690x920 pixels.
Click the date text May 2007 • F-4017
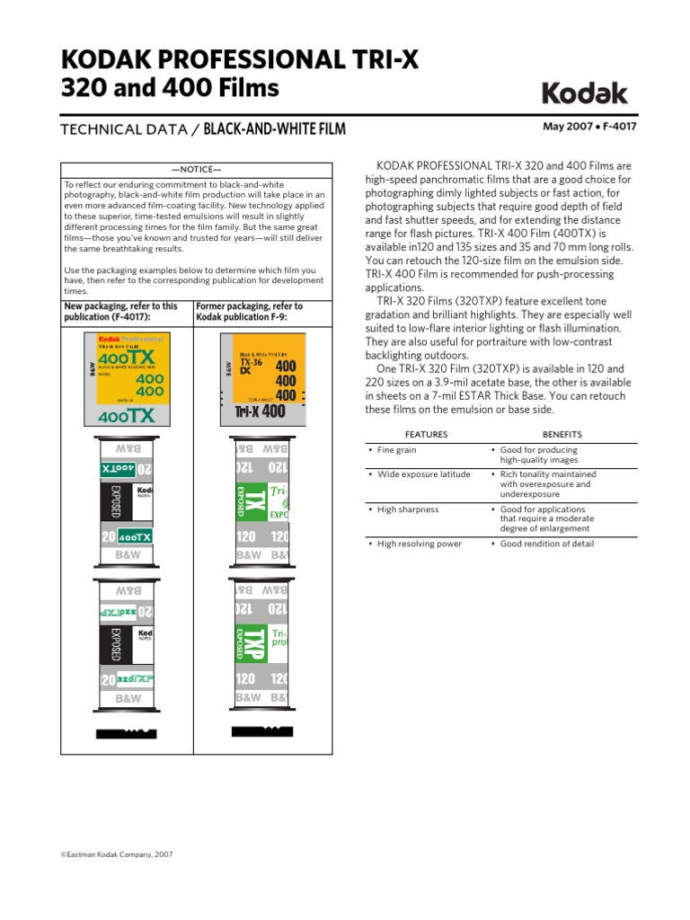(x=588, y=127)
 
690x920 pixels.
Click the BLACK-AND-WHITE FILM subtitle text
(x=275, y=130)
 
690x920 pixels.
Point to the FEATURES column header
(x=427, y=433)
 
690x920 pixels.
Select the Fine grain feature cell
(x=396, y=450)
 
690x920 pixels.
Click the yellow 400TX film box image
(x=128, y=377)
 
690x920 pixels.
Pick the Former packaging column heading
(x=249, y=312)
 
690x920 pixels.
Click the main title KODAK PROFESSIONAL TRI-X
(x=239, y=61)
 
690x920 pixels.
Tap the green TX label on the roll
(x=254, y=504)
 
